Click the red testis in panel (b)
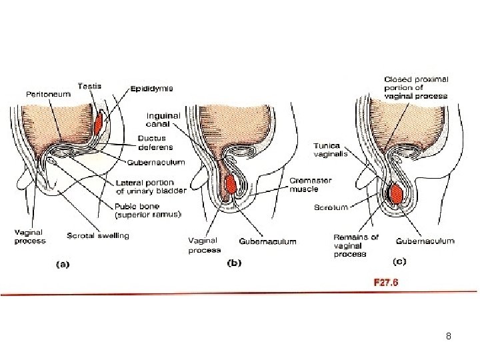pos(231,185)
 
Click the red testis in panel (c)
pos(396,193)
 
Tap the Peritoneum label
pos(48,95)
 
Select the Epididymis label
pos(152,87)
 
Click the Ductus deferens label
pos(155,143)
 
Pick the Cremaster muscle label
pos(311,185)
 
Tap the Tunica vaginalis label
pos(327,150)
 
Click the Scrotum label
pos(331,207)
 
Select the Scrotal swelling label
pos(98,235)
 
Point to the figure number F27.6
pos(384,282)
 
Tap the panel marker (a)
pos(62,263)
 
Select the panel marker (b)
pos(235,263)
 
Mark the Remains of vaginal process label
pos(355,245)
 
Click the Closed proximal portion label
pos(416,88)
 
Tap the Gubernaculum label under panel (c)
pos(425,241)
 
